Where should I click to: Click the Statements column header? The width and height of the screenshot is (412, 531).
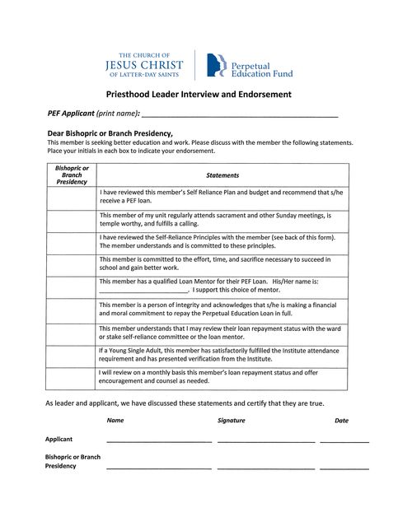(x=222, y=175)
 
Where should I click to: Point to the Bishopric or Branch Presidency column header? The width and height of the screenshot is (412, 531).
(x=72, y=175)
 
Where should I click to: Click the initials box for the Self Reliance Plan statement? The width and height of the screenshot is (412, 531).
(x=72, y=198)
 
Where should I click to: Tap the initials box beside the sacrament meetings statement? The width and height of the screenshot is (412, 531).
(x=72, y=220)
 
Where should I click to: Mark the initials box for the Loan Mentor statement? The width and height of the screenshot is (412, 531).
(x=72, y=286)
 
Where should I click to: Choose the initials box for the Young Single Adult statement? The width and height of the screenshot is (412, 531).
(x=72, y=355)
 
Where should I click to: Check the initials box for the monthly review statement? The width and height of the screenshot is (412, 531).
(x=72, y=377)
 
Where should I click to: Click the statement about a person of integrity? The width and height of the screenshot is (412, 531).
(x=218, y=310)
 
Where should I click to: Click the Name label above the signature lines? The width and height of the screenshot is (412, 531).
(x=115, y=421)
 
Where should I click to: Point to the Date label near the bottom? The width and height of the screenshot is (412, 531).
(x=341, y=421)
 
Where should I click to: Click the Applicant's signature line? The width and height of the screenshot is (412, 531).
(x=265, y=441)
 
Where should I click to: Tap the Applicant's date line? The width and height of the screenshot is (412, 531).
(x=344, y=441)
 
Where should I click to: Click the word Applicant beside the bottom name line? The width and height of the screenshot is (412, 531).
(x=59, y=440)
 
